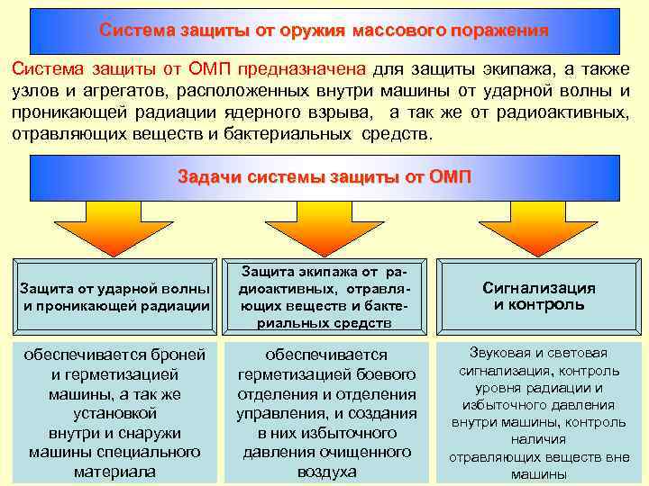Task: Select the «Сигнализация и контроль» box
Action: click(x=538, y=296)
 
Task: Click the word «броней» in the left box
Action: click(x=181, y=355)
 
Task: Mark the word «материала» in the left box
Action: click(x=114, y=471)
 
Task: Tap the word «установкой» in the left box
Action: click(x=114, y=413)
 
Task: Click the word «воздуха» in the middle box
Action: click(x=326, y=471)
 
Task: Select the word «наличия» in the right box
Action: click(x=539, y=439)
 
